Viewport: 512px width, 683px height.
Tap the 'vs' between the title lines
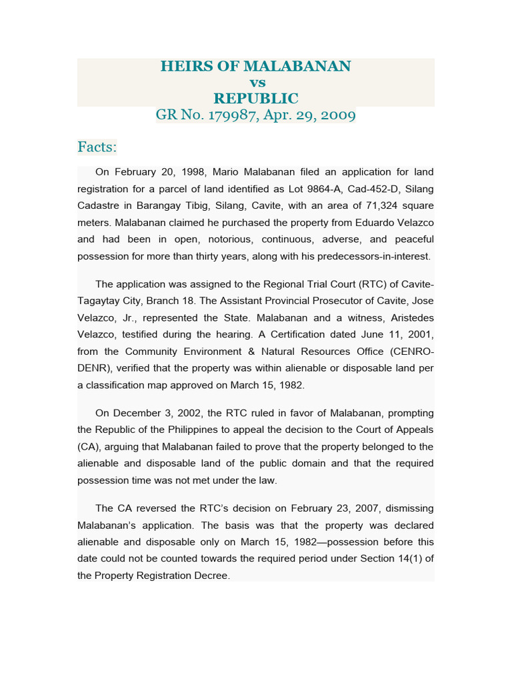coord(257,83)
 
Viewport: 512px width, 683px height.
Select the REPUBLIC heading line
coord(256,99)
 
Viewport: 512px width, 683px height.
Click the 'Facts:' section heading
coord(97,146)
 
